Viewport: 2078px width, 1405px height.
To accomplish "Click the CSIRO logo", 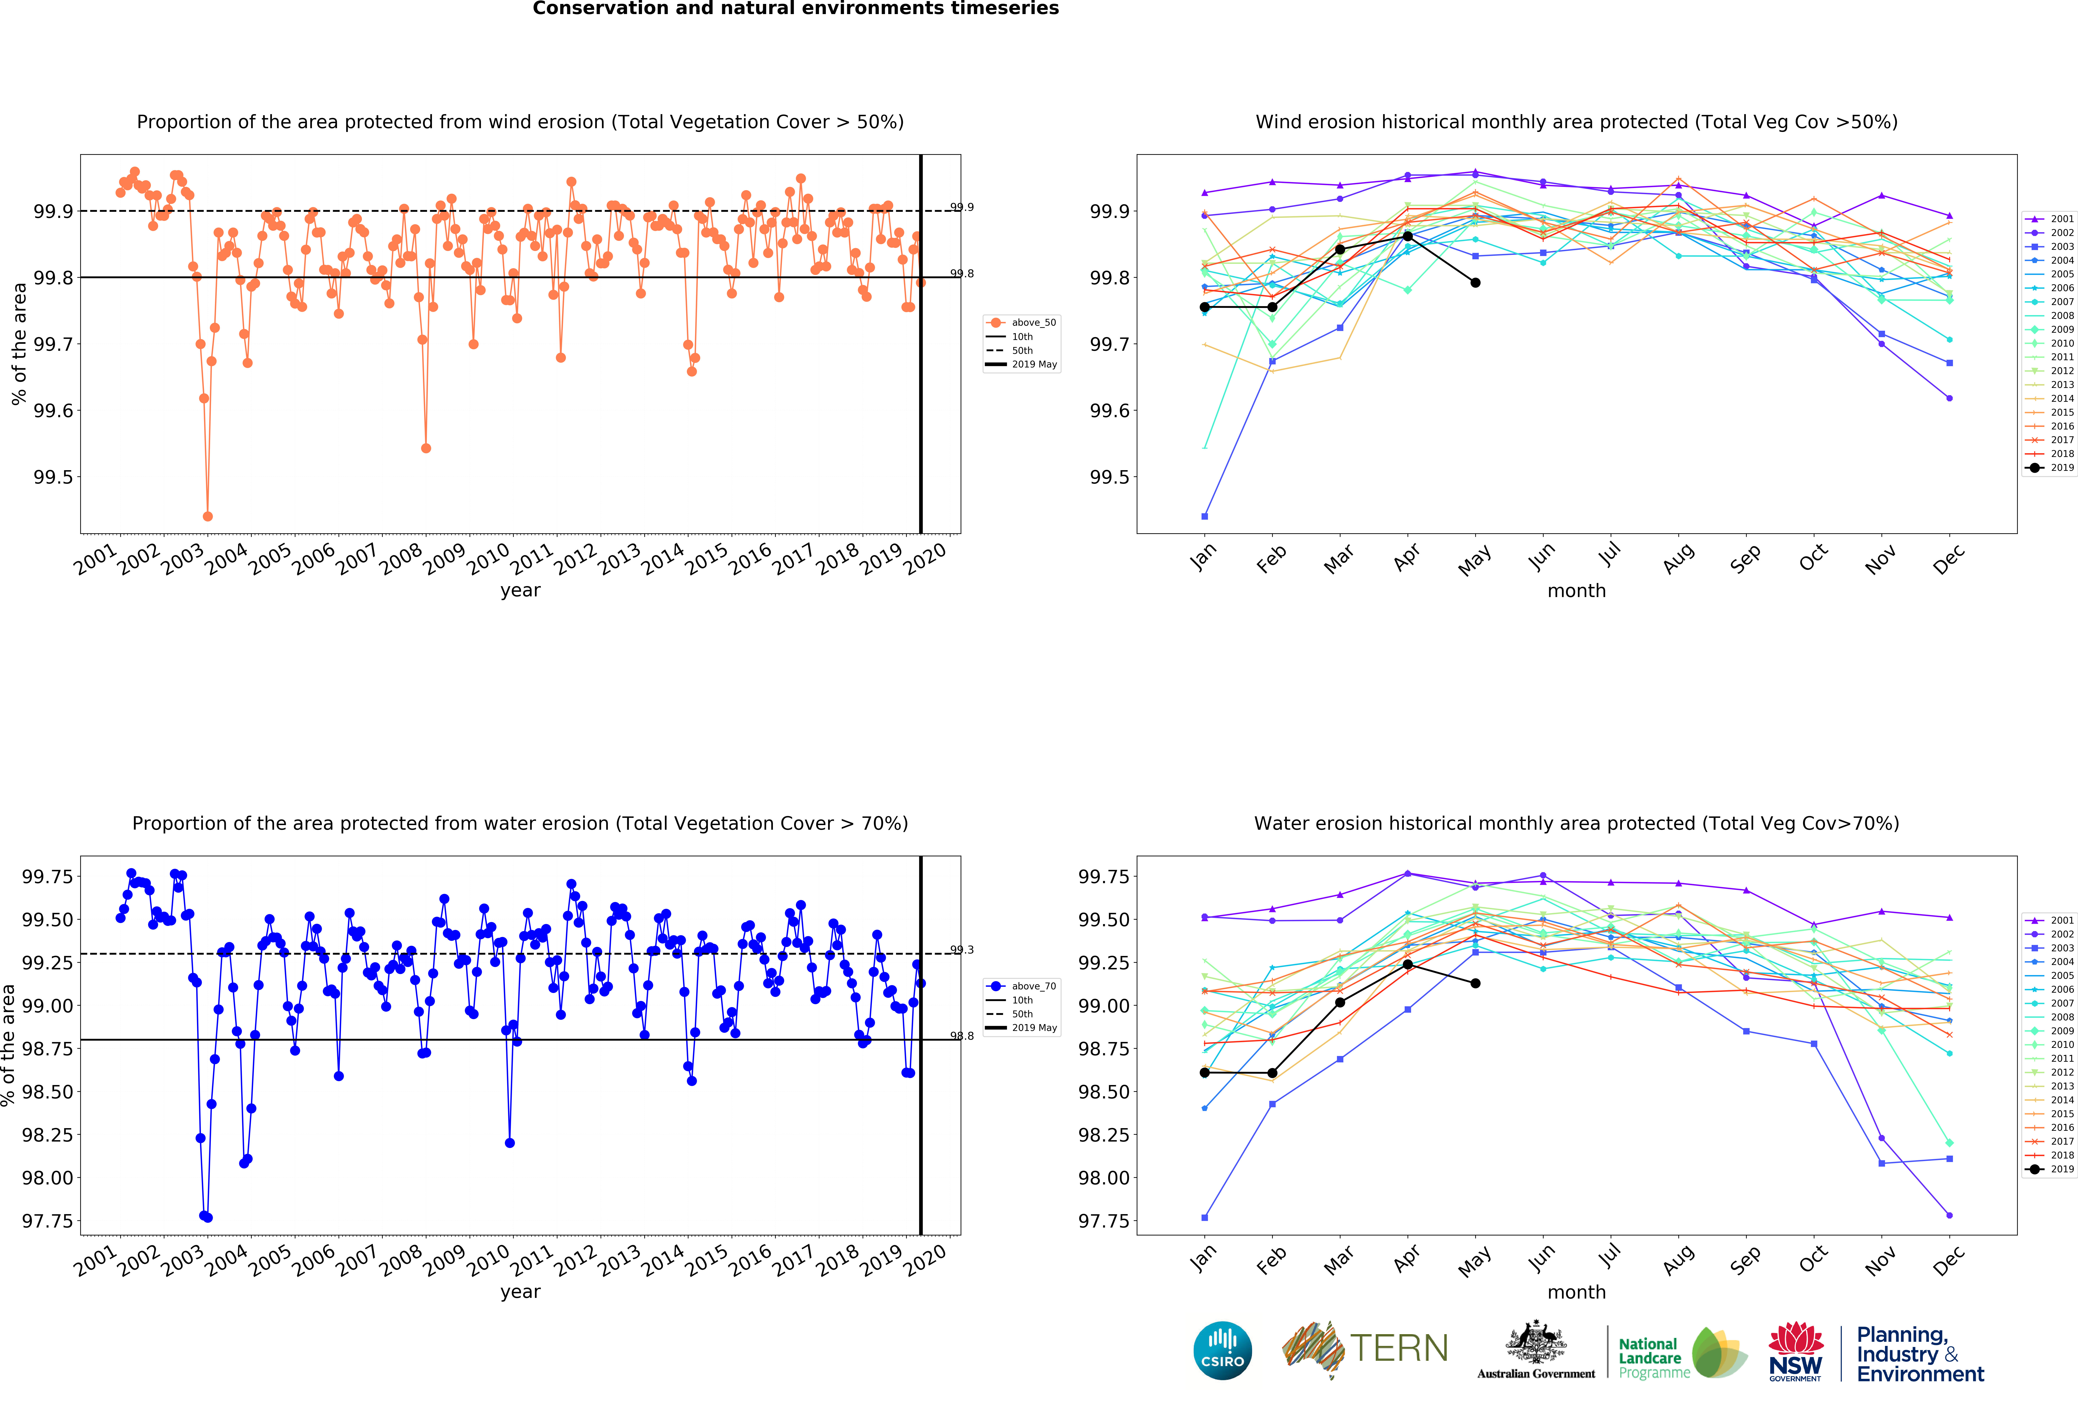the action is point(1222,1350).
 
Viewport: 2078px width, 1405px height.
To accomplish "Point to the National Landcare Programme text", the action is point(1654,1357).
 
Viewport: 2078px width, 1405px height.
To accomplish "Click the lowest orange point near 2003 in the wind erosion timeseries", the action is point(208,516).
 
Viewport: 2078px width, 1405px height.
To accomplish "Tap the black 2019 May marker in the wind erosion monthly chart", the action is point(1475,283).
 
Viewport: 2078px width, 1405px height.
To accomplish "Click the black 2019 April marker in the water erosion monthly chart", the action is point(1407,964).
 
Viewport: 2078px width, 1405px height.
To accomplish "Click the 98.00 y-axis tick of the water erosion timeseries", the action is point(47,1178).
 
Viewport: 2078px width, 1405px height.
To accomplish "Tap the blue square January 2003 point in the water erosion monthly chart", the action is point(1204,1217).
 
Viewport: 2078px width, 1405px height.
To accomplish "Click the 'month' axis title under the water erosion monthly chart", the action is point(1576,1292).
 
